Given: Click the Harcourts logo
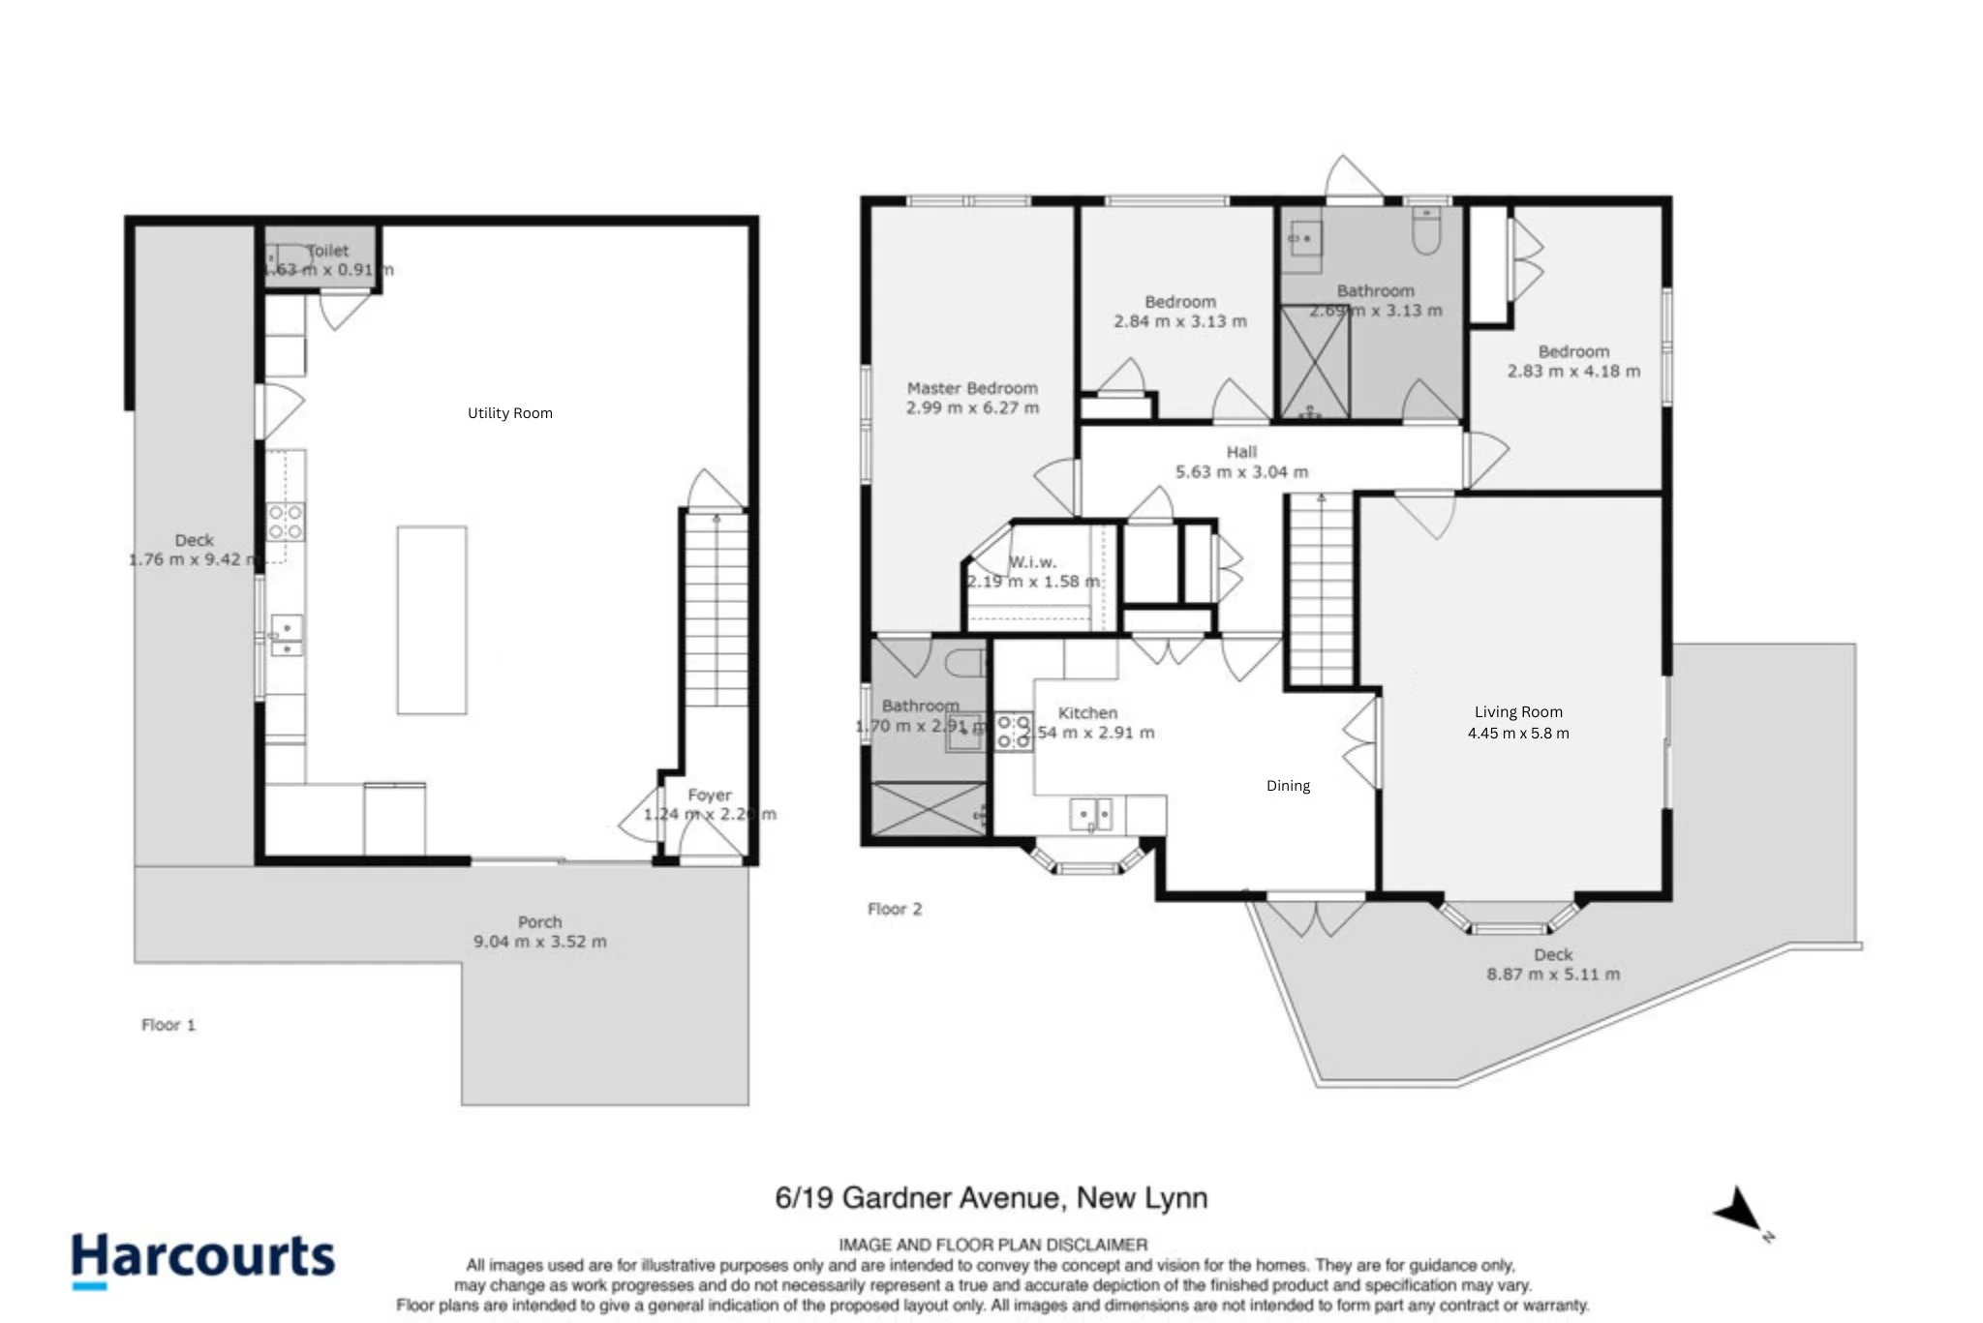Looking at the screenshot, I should tap(203, 1258).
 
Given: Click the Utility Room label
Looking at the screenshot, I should tap(509, 413).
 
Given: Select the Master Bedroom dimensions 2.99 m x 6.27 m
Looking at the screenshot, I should tap(972, 408).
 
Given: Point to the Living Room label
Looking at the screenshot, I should tap(1517, 712).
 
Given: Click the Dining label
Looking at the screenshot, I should tap(1288, 786).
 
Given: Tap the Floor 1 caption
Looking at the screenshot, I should tap(168, 1025).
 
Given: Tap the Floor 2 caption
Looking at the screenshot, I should tap(895, 909).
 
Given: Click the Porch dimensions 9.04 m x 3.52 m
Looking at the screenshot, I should tap(539, 942).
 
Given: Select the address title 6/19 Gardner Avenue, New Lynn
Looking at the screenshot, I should tap(991, 1198).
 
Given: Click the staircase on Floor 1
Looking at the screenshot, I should tap(717, 610).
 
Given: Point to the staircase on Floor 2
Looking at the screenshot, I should tap(1321, 590).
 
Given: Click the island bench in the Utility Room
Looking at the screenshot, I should tap(432, 619).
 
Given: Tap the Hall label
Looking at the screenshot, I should tap(1241, 452).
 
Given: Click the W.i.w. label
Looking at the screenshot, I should tap(1032, 562).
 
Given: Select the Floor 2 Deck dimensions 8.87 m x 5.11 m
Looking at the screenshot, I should tap(1552, 975).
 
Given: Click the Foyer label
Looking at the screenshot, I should tap(709, 795).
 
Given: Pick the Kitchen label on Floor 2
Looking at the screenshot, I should tap(1087, 713).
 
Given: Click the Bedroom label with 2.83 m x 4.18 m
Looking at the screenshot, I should tap(1573, 352).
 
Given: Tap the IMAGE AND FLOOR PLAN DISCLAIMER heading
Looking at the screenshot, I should tap(992, 1245).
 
